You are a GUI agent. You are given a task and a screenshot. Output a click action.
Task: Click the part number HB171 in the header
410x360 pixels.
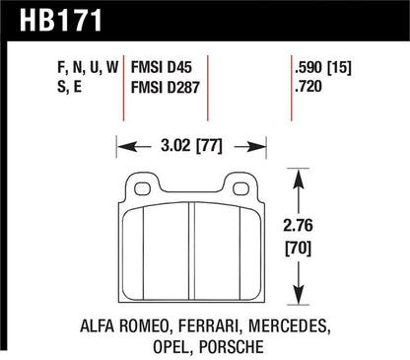pos(61,20)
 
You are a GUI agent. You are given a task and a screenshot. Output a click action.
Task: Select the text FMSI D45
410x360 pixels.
pos(161,67)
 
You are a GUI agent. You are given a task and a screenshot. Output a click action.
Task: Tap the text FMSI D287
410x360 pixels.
pos(165,87)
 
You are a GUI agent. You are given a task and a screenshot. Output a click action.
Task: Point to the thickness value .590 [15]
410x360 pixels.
pos(323,68)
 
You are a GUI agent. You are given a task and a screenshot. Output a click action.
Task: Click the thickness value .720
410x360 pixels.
pos(308,87)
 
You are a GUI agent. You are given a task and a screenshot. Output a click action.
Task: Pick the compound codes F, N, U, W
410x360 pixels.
pos(88,68)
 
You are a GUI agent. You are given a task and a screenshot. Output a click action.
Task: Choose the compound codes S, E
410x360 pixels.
pos(69,87)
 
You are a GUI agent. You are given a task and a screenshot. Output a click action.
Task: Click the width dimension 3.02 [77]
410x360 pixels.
pos(191,145)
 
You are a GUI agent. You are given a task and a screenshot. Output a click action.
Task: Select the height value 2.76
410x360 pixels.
pos(298,226)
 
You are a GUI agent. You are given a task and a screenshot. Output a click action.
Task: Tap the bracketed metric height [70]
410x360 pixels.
pos(298,249)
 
